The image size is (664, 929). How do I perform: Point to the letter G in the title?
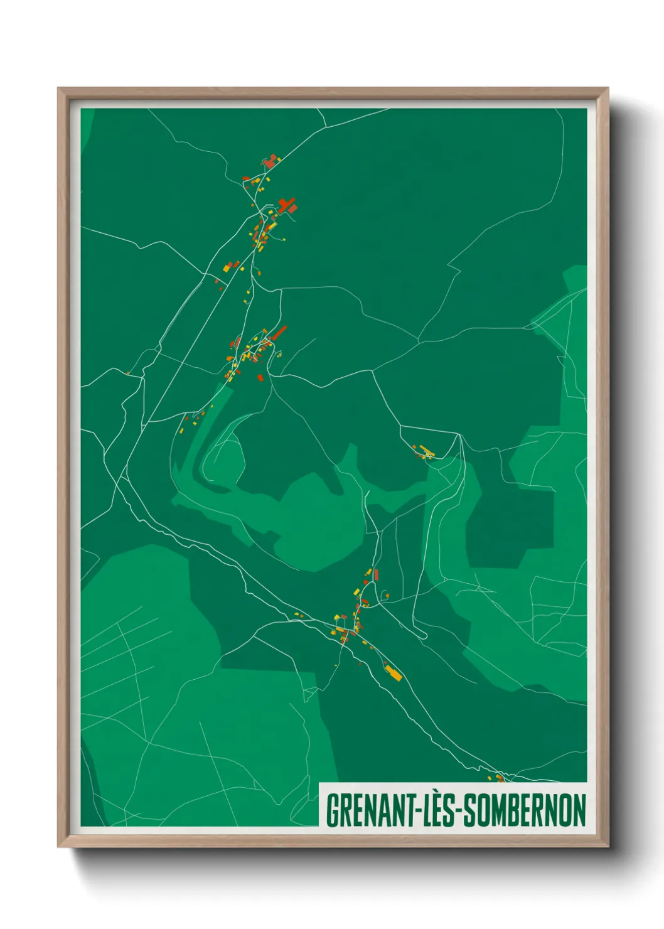pos(333,810)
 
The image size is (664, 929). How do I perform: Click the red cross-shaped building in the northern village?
pos(287,205)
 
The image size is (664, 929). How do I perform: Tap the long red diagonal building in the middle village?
pos(279,332)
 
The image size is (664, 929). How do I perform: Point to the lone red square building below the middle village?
pos(260,378)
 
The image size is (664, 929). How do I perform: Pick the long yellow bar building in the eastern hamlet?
pos(427,451)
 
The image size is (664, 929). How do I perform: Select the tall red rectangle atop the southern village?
pos(376,574)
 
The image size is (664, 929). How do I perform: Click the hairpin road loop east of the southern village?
pos(424,636)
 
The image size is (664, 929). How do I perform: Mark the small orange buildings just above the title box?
pos(500,778)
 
